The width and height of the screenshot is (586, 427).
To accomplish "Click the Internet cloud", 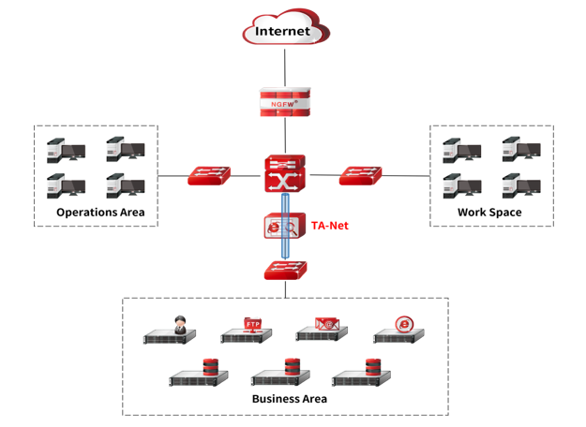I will point(284,29).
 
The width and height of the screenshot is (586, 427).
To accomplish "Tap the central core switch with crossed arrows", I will point(284,175).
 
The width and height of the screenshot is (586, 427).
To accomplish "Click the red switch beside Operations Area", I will point(208,175).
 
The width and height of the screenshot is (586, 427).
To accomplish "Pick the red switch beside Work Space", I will point(360,175).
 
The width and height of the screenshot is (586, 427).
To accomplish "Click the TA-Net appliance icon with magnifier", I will point(283,228).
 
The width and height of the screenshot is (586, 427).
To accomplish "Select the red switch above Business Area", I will point(284,271).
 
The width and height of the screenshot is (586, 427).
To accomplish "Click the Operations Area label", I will point(100,213).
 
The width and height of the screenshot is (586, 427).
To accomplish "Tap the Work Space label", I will point(489,213).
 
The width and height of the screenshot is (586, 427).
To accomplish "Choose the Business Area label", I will point(289,399).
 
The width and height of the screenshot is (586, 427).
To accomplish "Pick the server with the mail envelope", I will point(323,331).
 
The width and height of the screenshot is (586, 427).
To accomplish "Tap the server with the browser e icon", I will point(399,331).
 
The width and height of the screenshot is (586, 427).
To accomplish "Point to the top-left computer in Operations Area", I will point(66,151).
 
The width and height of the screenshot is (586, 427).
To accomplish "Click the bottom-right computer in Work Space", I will point(520,184).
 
